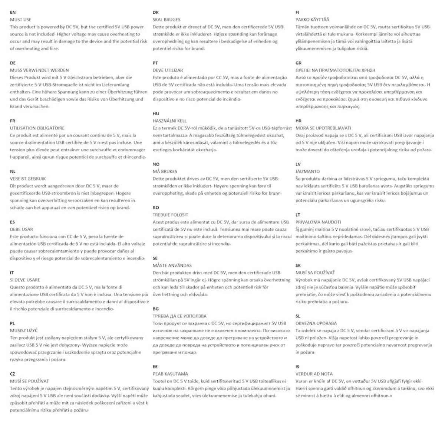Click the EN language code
coord(13,13)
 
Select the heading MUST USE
coord(21,20)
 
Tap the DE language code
coord(13,63)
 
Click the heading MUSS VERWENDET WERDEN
coord(39,70)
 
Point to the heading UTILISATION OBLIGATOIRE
coord(37,128)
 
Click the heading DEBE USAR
coord(22,229)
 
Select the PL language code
coord(13,323)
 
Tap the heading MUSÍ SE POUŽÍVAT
coord(29,381)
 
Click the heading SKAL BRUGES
coord(167,20)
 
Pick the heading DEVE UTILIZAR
coord(168,70)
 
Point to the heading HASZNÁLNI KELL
coord(169,121)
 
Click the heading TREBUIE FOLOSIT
coord(171,215)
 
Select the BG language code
coord(156,309)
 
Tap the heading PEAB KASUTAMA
coord(170,374)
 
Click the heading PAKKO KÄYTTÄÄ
coord(312,20)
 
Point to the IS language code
coord(297,367)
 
